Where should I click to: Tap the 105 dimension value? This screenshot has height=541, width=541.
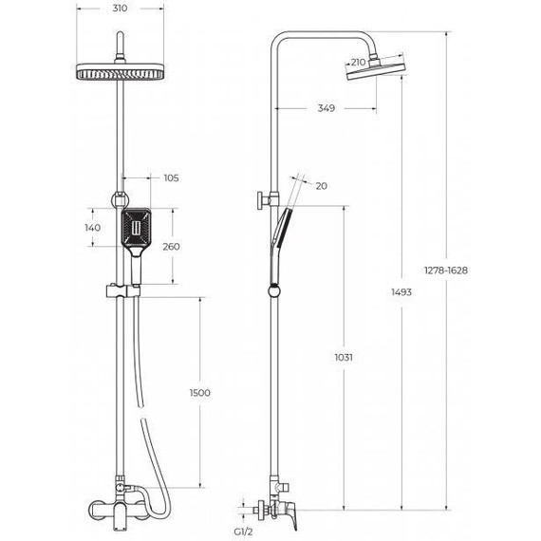click(172, 177)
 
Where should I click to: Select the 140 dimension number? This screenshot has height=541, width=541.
click(93, 229)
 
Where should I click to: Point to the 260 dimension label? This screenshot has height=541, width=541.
click(171, 247)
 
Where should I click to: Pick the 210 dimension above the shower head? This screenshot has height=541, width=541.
click(358, 63)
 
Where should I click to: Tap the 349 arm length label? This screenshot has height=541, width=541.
click(326, 108)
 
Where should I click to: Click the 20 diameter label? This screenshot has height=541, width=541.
click(321, 186)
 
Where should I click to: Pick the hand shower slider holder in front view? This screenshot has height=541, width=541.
click(120, 290)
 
